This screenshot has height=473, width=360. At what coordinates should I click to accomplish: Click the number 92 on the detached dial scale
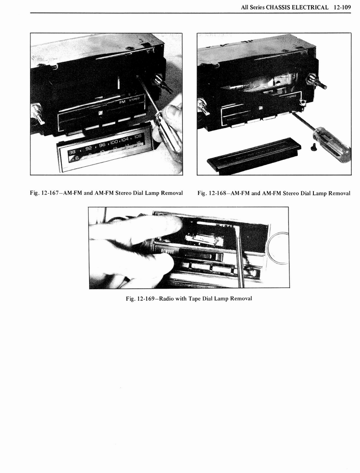tap(90, 145)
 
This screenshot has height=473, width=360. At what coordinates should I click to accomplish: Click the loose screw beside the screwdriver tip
tap(313, 147)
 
